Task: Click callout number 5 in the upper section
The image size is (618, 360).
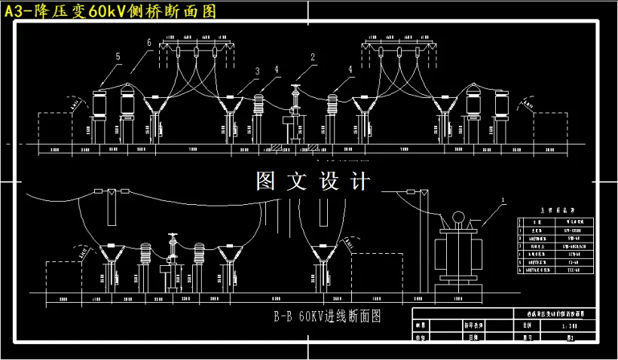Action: click(x=118, y=56)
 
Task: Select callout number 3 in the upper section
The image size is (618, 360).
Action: click(x=257, y=72)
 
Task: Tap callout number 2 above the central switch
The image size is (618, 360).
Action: click(x=311, y=57)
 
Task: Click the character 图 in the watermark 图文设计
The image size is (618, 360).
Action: click(x=265, y=182)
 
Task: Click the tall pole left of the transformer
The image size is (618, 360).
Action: click(x=424, y=241)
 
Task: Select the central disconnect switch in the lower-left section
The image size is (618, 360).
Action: click(x=171, y=264)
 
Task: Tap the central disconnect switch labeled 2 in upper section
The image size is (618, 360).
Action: click(x=294, y=113)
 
